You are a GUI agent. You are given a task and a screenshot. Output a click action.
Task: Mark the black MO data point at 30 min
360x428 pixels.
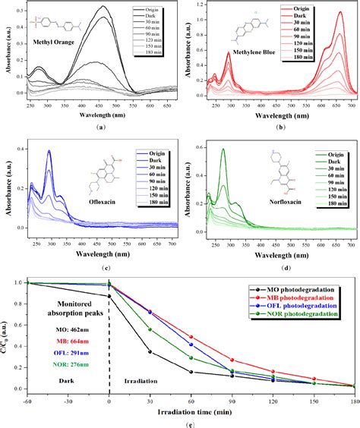[x=150, y=351]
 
